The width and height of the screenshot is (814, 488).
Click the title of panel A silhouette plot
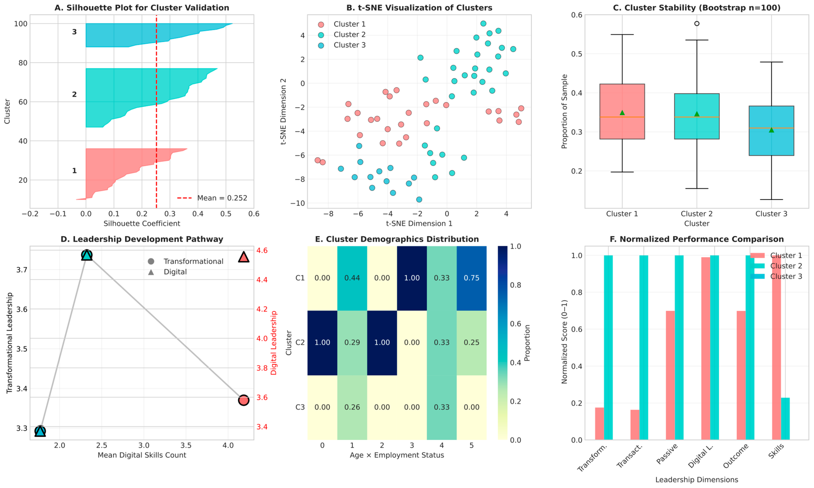[142, 7]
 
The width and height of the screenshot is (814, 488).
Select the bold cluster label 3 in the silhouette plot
[74, 32]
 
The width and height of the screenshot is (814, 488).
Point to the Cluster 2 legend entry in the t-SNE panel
[349, 35]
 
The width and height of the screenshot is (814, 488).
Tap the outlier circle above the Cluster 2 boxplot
[697, 24]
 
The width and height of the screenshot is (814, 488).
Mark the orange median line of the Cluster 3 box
[771, 128]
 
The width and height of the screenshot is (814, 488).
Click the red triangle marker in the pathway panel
[243, 257]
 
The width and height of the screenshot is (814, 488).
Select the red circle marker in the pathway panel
[243, 400]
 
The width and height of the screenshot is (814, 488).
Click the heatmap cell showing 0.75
[471, 278]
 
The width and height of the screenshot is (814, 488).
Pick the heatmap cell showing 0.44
[352, 278]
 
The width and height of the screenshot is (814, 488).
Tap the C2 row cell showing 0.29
[352, 342]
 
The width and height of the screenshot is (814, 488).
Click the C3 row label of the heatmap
[300, 407]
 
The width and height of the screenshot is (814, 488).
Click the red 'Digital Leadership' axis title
[274, 343]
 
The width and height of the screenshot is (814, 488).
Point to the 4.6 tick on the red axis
[262, 251]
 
